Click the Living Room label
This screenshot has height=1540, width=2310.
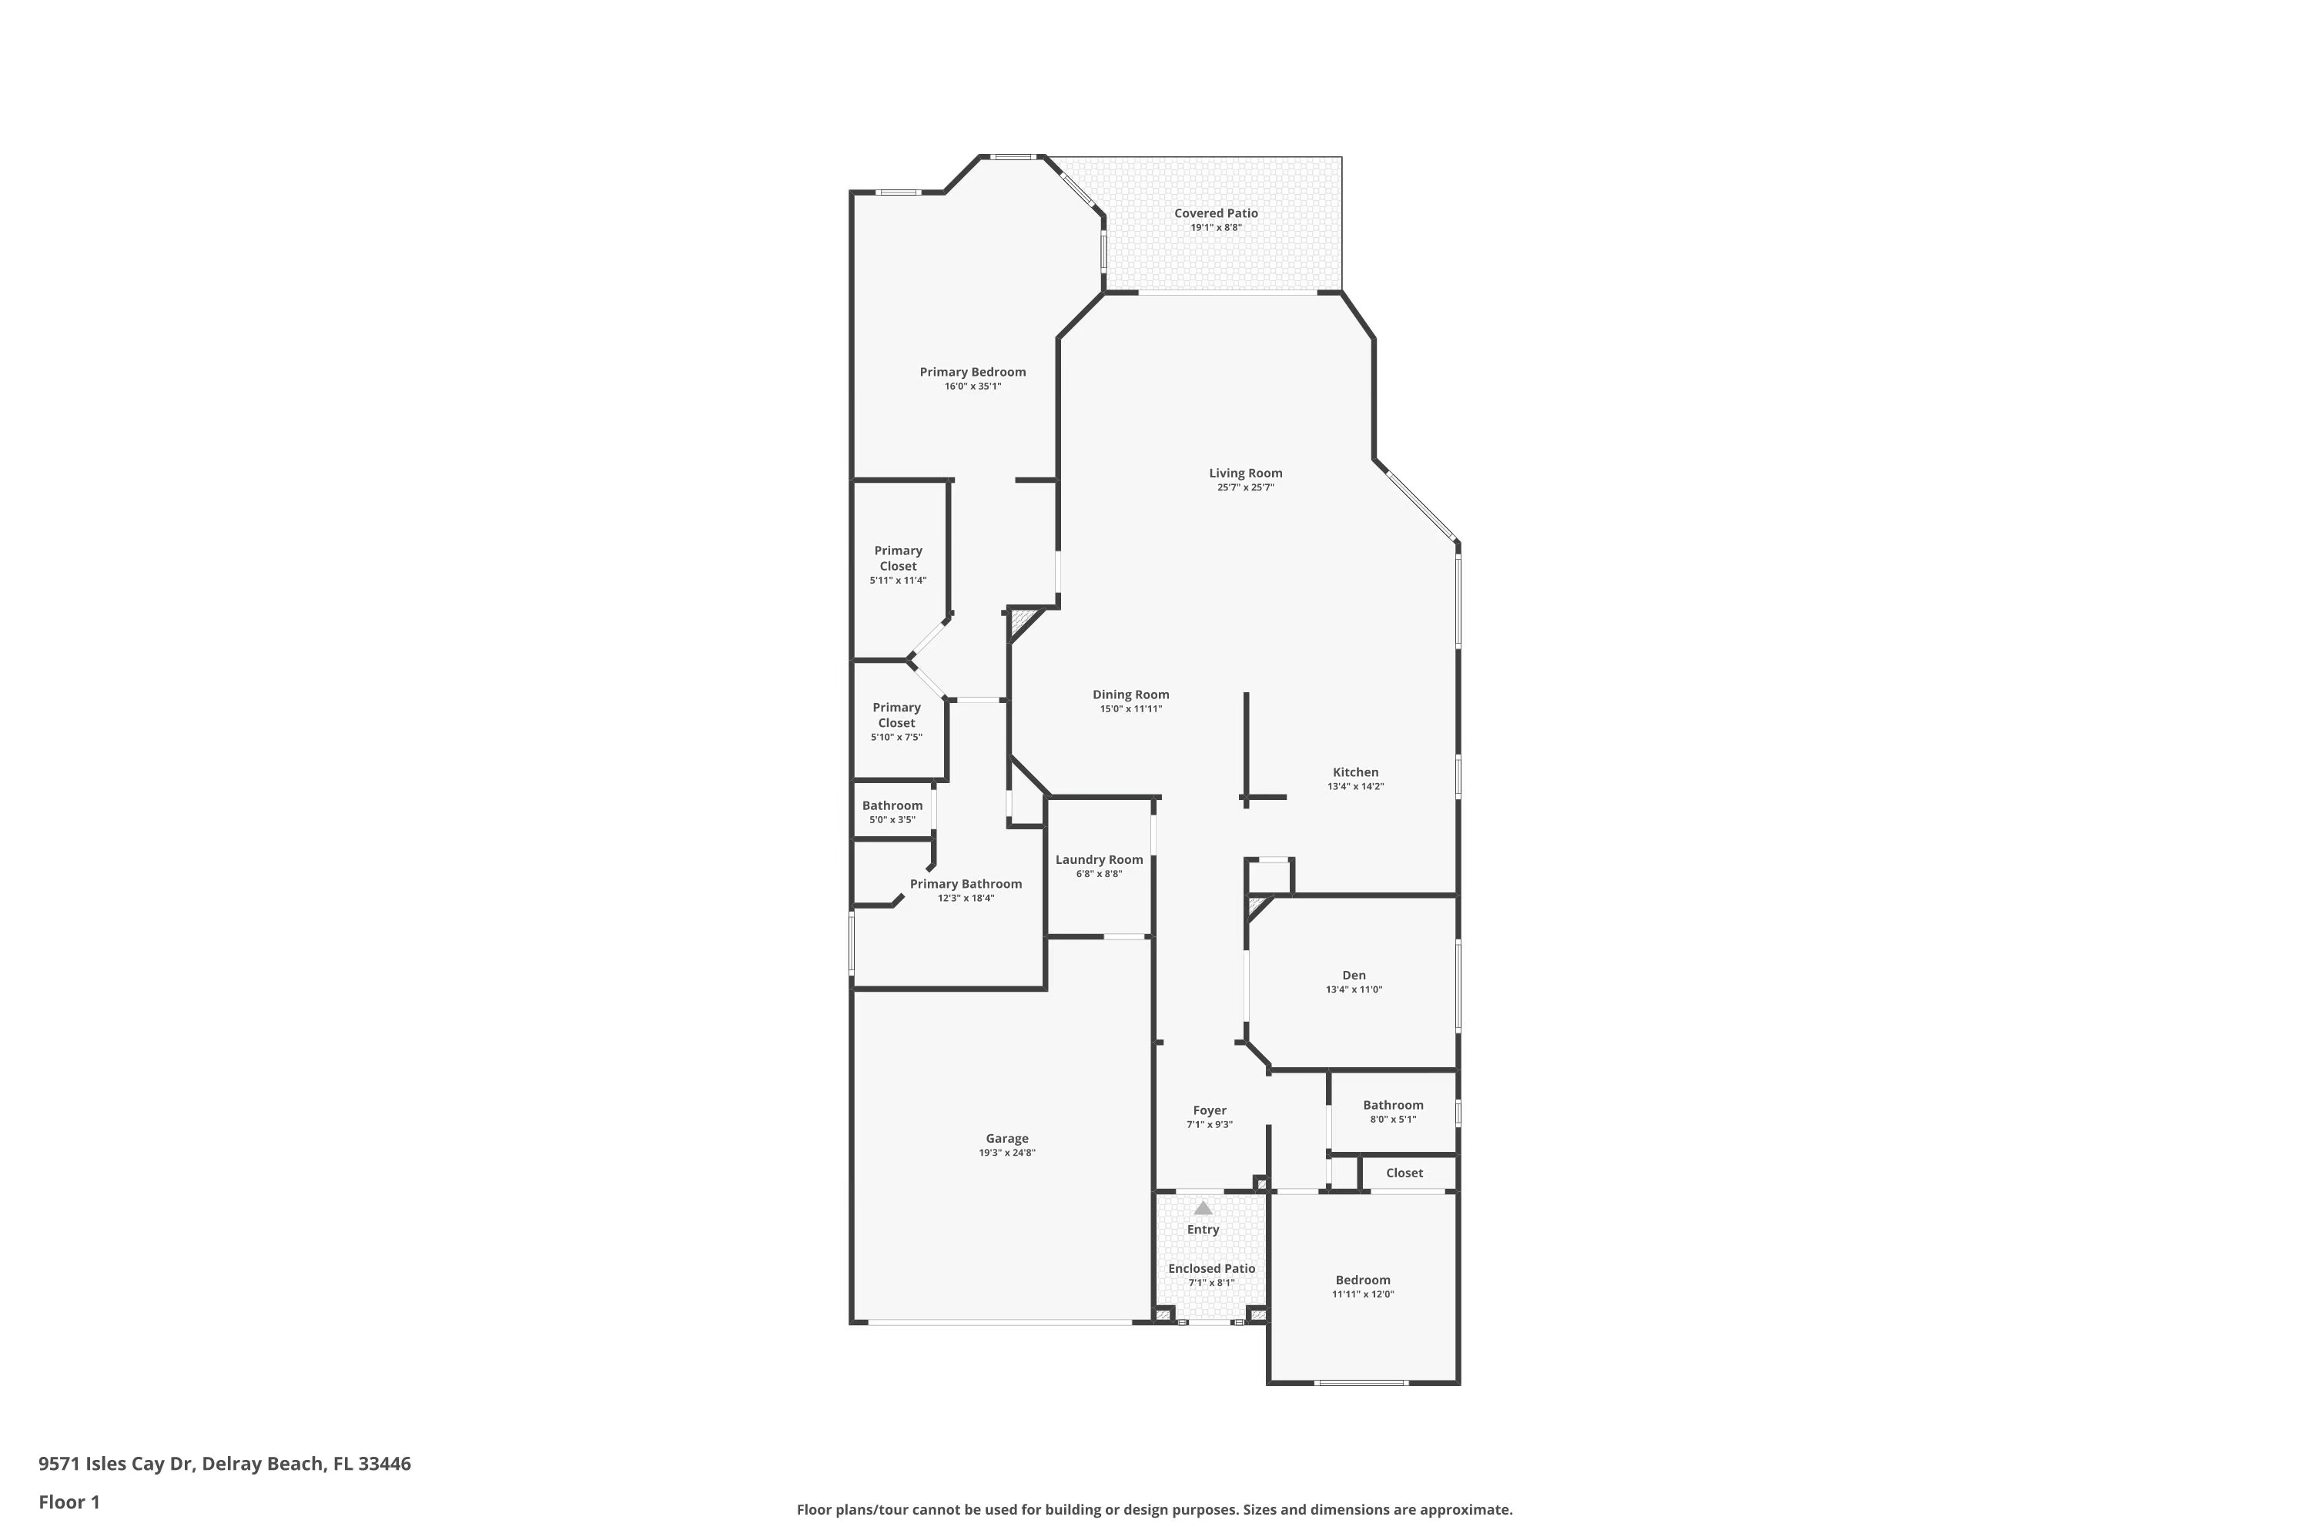click(1245, 474)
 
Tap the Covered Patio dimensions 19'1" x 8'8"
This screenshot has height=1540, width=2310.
click(1216, 228)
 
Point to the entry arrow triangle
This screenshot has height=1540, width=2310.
click(1203, 1208)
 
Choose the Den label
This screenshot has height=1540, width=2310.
click(1354, 976)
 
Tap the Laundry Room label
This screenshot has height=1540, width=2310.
click(1099, 859)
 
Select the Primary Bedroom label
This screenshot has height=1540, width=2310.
click(973, 372)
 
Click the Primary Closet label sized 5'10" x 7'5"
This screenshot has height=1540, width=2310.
click(897, 715)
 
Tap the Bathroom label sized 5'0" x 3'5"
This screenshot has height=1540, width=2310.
click(892, 806)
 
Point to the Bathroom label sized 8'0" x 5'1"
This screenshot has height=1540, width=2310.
click(1393, 1105)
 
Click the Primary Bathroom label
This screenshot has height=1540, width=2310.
click(966, 884)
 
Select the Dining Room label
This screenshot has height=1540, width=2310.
click(1130, 695)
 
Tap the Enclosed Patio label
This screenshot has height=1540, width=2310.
click(1211, 1269)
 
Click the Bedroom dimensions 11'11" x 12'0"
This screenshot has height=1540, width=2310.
click(1362, 1294)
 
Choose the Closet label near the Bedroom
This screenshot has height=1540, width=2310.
click(1404, 1173)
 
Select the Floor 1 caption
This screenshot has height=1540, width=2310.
click(69, 1501)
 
